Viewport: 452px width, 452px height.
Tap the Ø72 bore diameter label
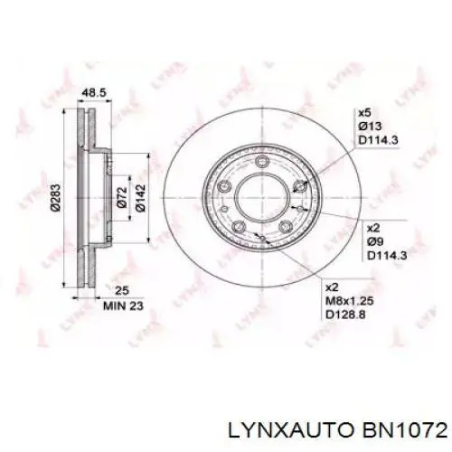tap(122, 198)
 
